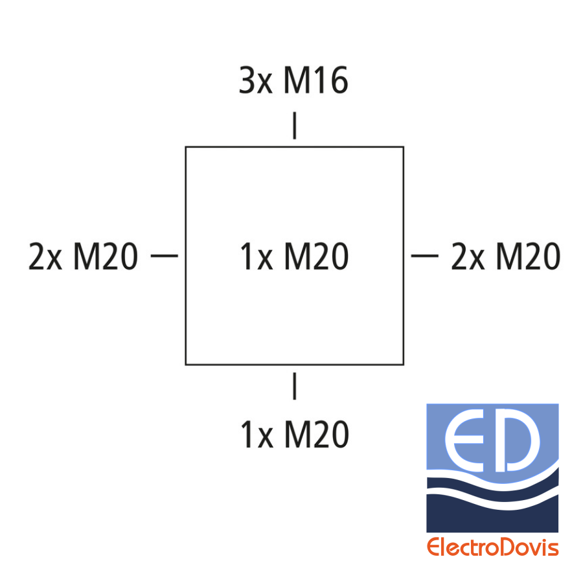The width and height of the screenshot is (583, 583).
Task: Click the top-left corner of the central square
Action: [186, 147]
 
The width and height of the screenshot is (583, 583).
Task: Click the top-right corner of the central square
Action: [404, 147]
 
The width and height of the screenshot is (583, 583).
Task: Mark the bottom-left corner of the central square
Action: [186, 365]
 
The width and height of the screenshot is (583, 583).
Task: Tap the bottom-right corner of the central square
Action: [404, 365]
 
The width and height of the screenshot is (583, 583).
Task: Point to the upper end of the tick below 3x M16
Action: [295, 112]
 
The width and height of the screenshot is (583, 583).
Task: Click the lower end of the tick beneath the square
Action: [295, 400]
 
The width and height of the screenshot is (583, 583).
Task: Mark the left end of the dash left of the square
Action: [151, 256]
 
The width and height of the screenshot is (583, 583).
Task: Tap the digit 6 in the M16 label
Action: [339, 80]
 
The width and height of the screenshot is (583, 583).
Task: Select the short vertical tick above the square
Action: [295, 126]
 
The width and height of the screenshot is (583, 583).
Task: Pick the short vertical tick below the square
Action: [295, 386]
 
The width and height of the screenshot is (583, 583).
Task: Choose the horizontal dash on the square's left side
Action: [165, 256]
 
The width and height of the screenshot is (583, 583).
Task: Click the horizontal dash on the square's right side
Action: [424, 256]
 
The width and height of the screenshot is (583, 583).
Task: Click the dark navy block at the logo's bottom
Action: [492, 514]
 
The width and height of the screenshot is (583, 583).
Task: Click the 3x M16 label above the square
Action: [293, 80]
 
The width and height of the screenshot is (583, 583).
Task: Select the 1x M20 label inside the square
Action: [295, 256]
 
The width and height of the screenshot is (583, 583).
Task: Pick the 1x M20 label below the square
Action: [295, 434]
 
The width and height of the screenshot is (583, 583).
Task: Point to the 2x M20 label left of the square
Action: [84, 256]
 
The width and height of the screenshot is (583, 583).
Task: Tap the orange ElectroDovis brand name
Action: [493, 547]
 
